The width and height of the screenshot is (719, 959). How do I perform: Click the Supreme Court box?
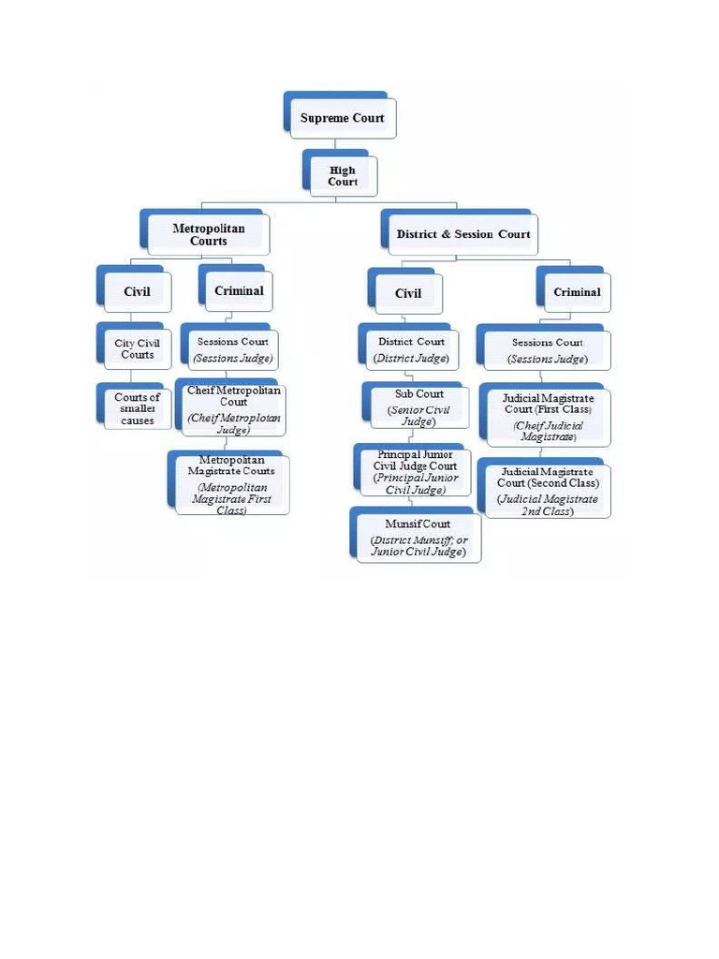click(342, 119)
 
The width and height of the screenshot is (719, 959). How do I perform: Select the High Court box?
click(343, 176)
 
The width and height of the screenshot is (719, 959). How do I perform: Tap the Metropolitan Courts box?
click(209, 234)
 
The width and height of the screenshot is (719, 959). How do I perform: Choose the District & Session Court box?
click(462, 234)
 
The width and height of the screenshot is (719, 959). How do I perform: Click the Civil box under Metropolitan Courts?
click(137, 291)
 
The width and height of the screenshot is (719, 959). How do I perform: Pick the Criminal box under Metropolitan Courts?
click(239, 290)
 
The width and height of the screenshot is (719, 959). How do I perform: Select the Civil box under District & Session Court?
click(408, 293)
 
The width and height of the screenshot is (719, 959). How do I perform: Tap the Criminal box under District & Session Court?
click(577, 292)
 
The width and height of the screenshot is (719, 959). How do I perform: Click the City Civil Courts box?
click(138, 348)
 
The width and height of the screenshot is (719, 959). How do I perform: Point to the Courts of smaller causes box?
click(138, 408)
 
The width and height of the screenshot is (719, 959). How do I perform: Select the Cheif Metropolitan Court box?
click(233, 409)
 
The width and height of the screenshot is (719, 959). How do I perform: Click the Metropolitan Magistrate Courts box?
click(231, 485)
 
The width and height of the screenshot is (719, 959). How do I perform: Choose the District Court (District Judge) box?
click(412, 349)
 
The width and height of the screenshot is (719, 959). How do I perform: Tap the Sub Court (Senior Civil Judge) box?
click(418, 407)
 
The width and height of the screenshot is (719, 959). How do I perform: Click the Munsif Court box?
click(418, 538)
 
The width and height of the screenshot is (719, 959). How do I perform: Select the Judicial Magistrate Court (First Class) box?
click(548, 418)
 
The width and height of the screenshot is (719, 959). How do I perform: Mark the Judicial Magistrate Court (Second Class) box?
click(548, 491)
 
